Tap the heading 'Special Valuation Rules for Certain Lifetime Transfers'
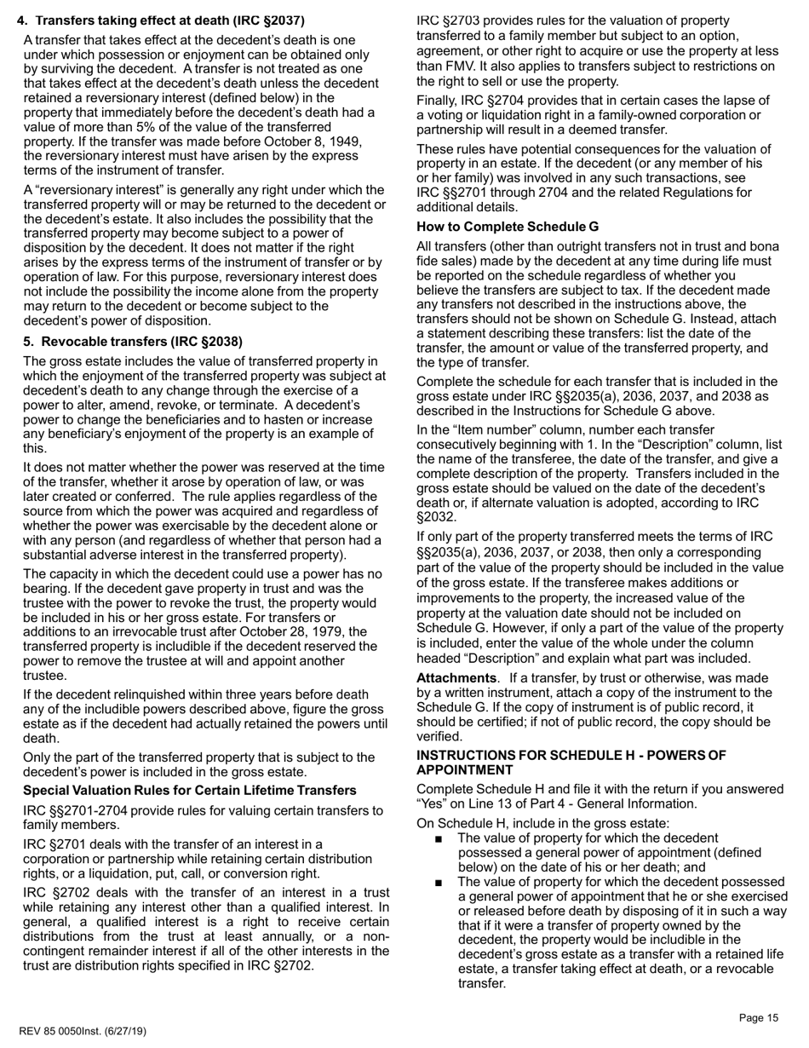click(190, 791)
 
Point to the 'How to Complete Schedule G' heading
click(508, 227)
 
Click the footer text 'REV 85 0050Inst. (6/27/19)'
click(82, 1032)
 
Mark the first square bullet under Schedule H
click(438, 839)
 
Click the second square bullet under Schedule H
click(438, 883)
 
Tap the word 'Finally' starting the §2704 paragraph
click(438, 101)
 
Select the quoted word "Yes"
click(433, 804)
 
